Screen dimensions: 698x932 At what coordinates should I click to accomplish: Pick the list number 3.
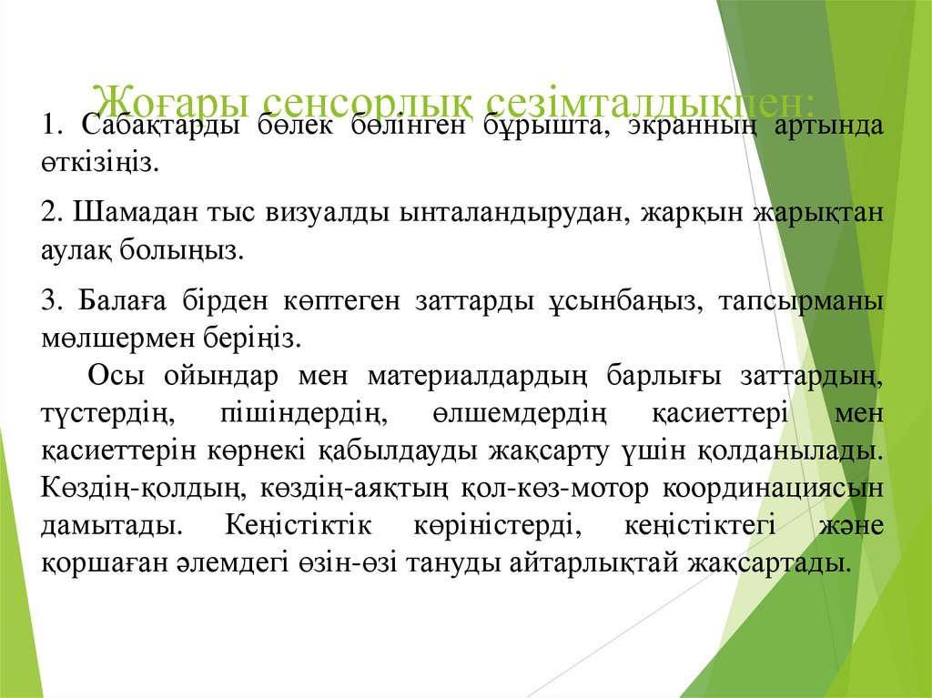(x=50, y=301)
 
